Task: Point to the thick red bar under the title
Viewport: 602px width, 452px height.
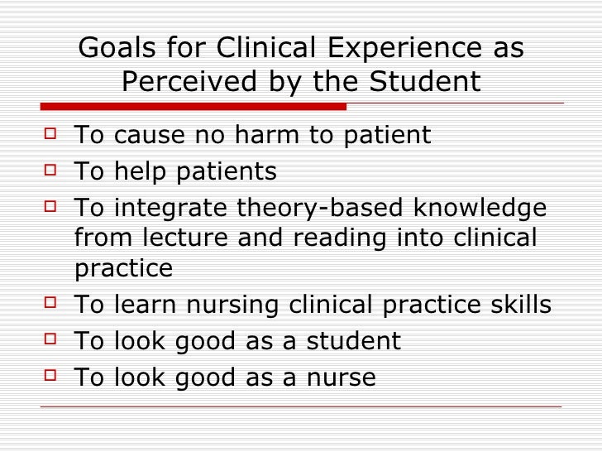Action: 193,107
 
